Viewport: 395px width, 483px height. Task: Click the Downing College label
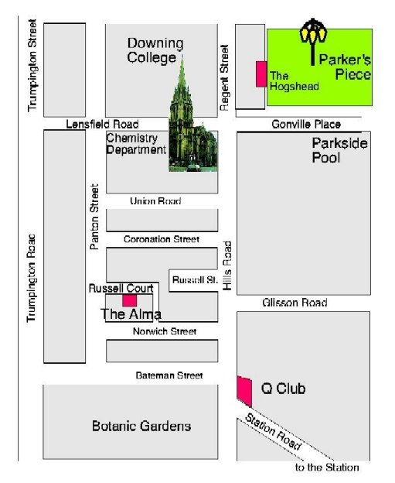coord(155,51)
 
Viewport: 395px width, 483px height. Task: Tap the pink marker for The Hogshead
coord(261,74)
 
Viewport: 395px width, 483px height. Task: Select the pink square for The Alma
coord(130,300)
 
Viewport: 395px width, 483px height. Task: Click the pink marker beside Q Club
coord(244,391)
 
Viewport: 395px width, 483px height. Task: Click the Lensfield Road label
coord(102,124)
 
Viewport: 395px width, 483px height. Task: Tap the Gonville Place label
coord(306,124)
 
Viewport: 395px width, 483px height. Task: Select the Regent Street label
coord(225,77)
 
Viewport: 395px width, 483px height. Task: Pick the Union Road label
coord(155,200)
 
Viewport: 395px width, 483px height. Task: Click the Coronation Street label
coord(162,239)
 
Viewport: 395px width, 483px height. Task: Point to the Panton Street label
coord(94,217)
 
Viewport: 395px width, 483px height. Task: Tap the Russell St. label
coord(195,280)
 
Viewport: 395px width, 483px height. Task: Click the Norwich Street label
coord(165,331)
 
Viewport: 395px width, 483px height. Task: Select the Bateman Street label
coord(169,375)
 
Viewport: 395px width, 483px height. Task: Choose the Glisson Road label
coord(295,303)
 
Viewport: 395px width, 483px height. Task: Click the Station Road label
coord(273,432)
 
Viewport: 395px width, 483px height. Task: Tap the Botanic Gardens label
coord(141,426)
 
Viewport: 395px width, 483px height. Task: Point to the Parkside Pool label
coord(339,150)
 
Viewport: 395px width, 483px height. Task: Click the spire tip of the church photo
coord(182,56)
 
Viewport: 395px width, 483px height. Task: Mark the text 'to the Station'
coord(327,468)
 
